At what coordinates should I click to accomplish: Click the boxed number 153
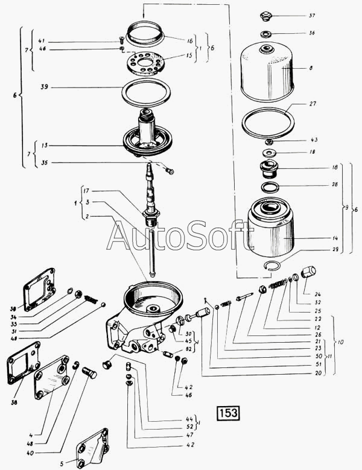[228, 413]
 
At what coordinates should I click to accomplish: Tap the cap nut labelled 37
[264, 15]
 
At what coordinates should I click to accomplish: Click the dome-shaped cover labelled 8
[267, 71]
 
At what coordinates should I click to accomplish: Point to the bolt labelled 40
[88, 370]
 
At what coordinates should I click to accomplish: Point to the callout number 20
[318, 373]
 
